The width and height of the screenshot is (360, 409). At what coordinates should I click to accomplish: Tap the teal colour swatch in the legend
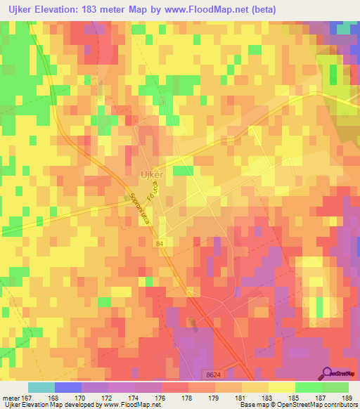coord(41,387)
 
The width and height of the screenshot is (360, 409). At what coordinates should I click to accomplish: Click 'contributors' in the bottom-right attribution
coord(339,405)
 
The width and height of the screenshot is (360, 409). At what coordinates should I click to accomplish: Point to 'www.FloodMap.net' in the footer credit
coord(131,405)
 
